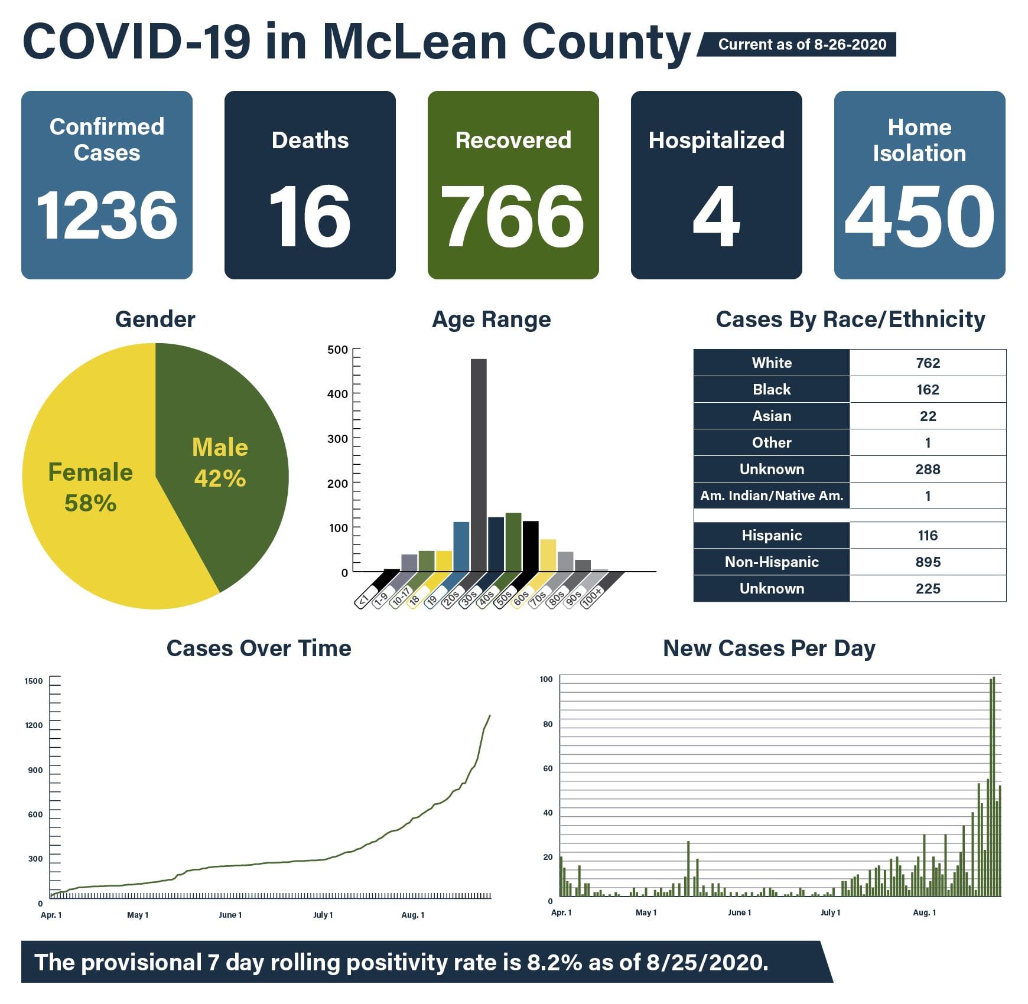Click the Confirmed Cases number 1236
coord(107,216)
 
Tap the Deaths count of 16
coord(310,216)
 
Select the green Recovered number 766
coord(513,216)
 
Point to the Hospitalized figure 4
coord(716,216)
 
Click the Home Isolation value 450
coord(919,216)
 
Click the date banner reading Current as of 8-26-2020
coord(802,45)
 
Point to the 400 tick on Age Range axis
coord(337,394)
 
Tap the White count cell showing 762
coord(928,363)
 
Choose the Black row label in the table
coord(772,390)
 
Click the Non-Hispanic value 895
coord(928,562)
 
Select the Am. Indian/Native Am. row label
coord(772,496)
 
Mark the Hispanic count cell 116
coord(928,536)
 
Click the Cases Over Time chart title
coord(259,648)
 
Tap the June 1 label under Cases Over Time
coord(230,915)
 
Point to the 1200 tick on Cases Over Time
coord(34,726)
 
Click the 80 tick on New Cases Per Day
coord(548,724)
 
